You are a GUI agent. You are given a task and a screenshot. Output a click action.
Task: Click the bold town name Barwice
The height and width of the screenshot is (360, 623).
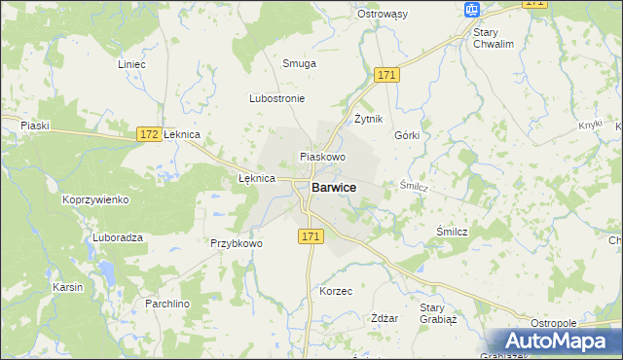click(333, 187)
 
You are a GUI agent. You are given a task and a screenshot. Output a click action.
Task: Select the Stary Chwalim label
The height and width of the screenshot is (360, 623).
click(493, 38)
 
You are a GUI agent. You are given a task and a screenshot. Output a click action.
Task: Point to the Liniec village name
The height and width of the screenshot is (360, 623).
click(130, 64)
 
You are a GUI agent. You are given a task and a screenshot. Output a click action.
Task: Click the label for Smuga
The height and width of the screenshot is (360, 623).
click(299, 63)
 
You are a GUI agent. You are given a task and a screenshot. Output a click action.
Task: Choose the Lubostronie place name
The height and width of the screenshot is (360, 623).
click(277, 99)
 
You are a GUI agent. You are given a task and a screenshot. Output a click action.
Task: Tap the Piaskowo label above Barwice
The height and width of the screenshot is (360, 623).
click(323, 156)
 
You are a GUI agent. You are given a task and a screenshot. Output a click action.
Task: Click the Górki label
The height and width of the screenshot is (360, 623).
click(407, 135)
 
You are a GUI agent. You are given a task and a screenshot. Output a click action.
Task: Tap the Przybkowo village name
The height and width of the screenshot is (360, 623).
click(237, 243)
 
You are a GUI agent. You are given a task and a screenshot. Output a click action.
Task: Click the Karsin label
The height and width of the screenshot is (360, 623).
click(68, 288)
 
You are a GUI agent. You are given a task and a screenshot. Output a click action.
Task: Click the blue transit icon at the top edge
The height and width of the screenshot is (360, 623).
click(472, 9)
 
